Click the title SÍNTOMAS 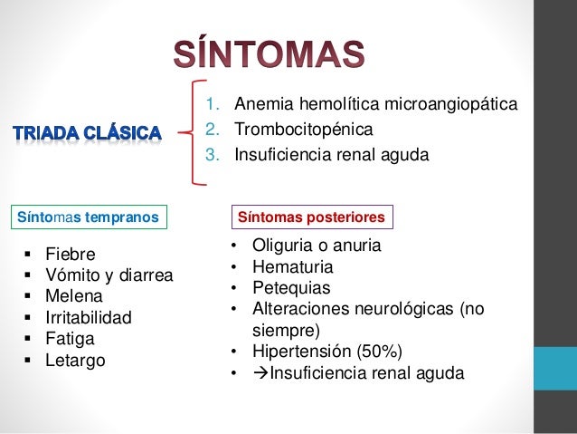point(269,53)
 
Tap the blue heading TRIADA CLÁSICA point(87,133)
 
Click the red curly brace point(193,132)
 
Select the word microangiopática point(451,104)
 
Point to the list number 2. point(213,130)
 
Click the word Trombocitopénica point(304,130)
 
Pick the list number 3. point(213,155)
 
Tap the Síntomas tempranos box point(89,217)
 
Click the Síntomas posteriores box point(312,217)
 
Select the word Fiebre point(71,254)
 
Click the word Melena point(73,296)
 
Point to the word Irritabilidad point(89,317)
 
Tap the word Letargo point(75,361)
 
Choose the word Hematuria point(292,267)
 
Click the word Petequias point(291,288)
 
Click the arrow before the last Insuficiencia point(260,373)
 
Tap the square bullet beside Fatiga point(28,339)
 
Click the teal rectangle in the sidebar point(555,369)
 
